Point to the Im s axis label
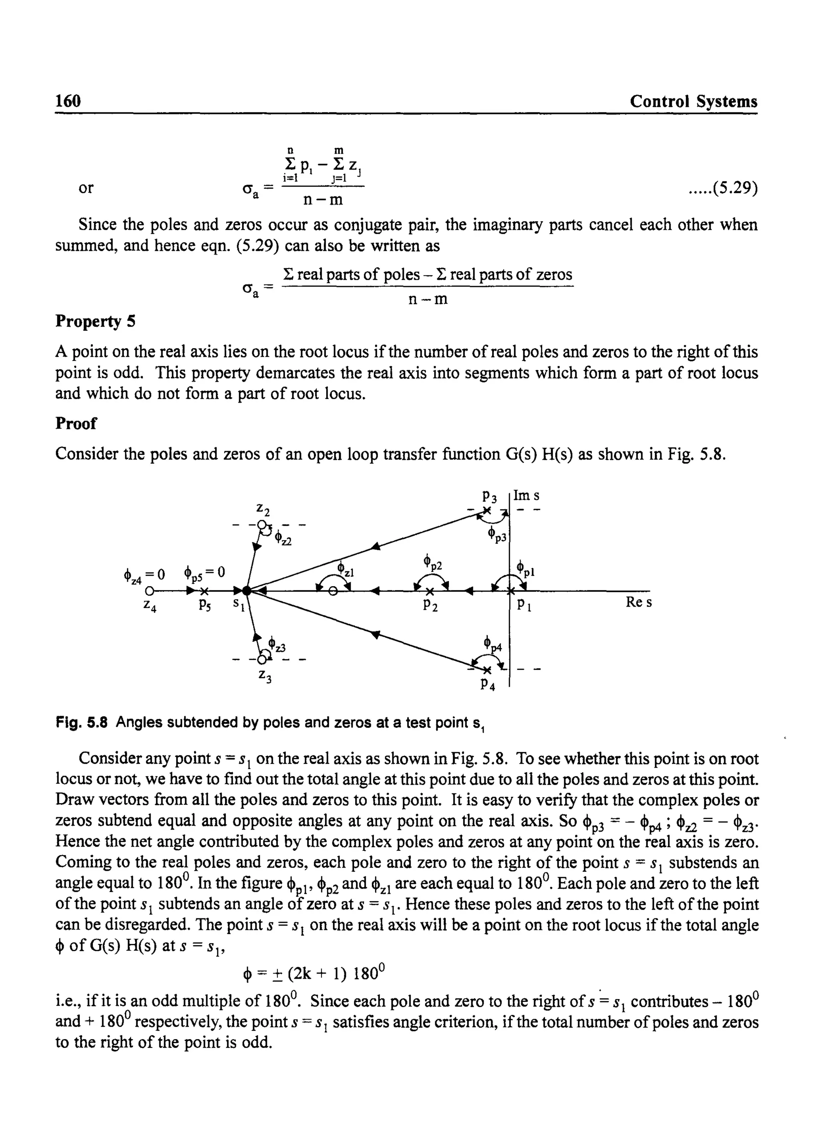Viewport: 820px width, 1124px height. (x=527, y=495)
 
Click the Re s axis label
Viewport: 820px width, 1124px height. (x=639, y=602)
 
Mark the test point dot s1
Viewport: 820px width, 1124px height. (x=247, y=590)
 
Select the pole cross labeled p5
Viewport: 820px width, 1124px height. (x=205, y=591)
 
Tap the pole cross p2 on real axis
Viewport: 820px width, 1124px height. (x=430, y=591)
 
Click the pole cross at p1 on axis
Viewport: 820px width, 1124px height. (x=510, y=591)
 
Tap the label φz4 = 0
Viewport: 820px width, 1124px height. (x=144, y=574)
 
